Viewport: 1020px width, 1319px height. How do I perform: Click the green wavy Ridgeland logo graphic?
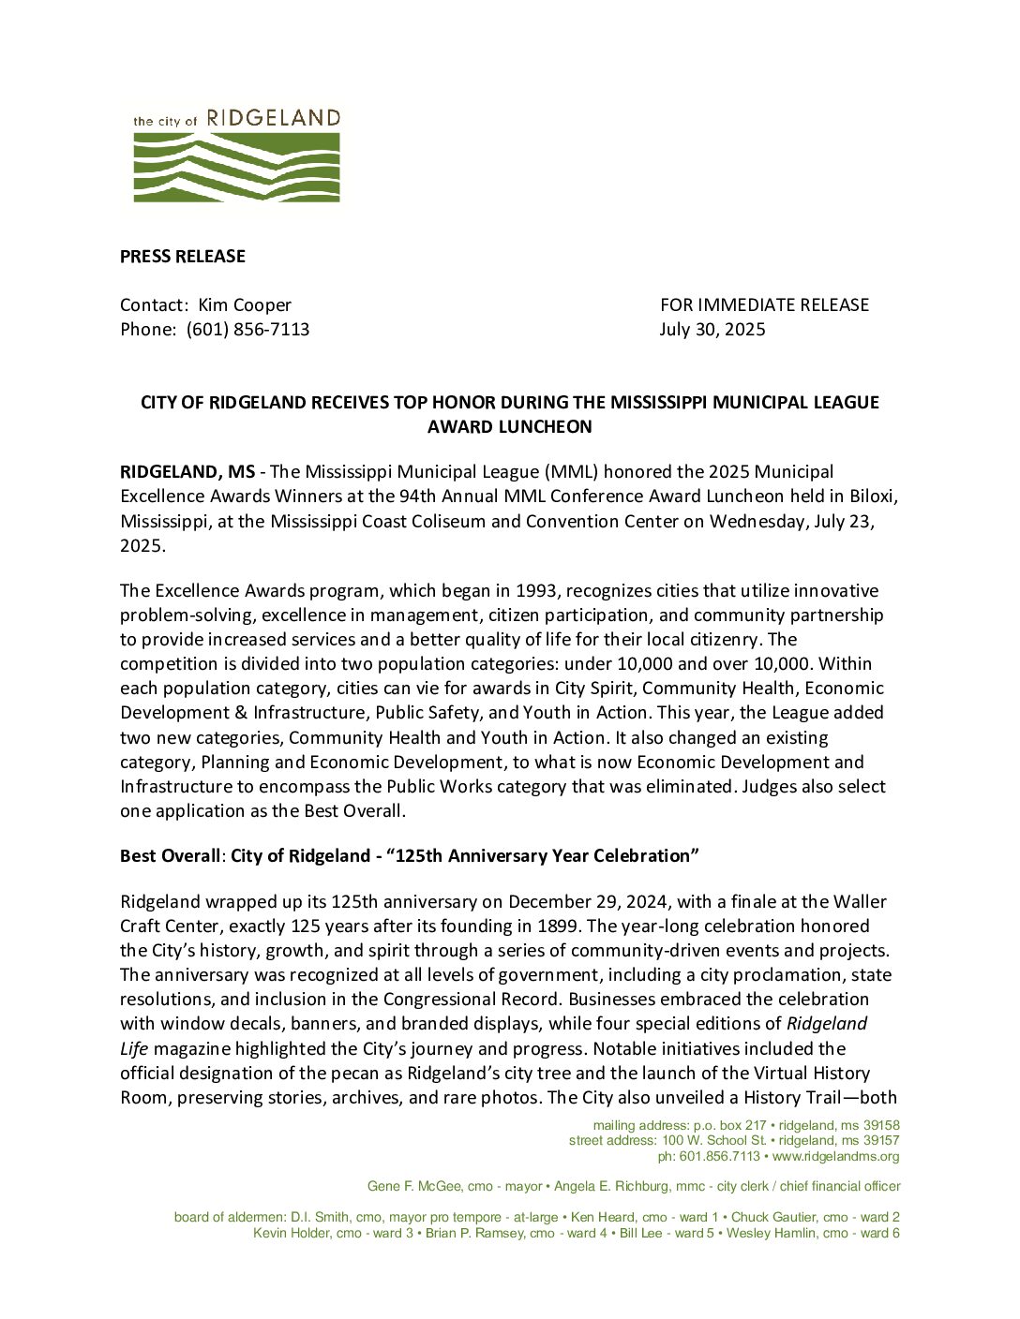click(x=236, y=167)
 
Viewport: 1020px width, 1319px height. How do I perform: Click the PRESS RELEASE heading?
click(x=182, y=257)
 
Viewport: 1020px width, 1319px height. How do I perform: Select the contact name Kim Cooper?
click(x=245, y=305)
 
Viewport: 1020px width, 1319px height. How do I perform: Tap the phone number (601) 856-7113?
click(x=247, y=330)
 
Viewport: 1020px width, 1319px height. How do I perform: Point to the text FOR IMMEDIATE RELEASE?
click(x=764, y=305)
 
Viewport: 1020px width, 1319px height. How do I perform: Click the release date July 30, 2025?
click(x=712, y=330)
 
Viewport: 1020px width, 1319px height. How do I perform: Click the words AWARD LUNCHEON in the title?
click(x=509, y=427)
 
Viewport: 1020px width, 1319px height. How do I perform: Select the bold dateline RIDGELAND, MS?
click(x=187, y=472)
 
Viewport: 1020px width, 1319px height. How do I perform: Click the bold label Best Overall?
click(x=170, y=856)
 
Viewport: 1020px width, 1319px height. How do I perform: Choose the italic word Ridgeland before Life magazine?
click(x=826, y=1024)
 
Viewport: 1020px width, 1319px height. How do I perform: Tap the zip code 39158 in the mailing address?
click(x=881, y=1126)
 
